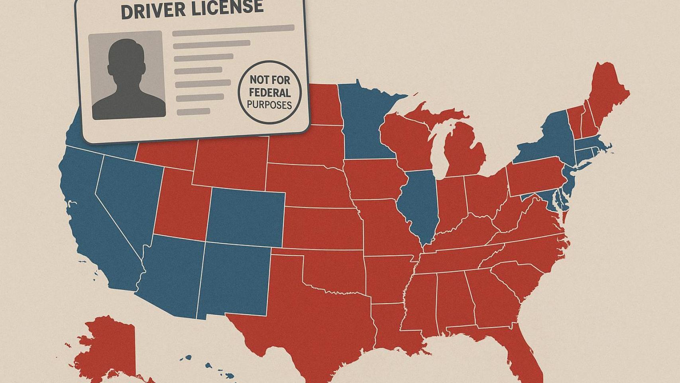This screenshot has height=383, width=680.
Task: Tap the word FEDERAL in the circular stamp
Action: (270, 93)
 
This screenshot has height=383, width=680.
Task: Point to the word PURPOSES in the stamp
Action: (269, 105)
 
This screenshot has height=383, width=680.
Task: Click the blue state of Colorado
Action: (246, 217)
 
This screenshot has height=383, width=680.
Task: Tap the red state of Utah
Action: (179, 207)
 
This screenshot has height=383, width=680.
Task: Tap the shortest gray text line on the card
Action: (193, 112)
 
